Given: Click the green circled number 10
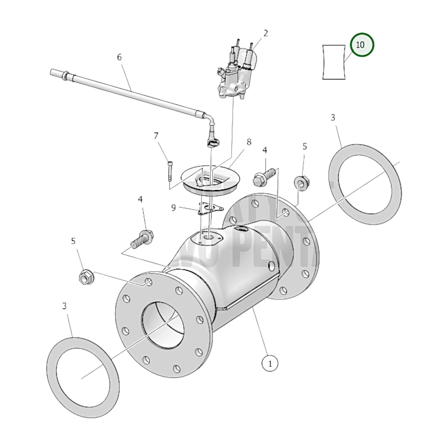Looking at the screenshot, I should [362, 45].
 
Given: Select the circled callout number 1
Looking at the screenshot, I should [270, 363].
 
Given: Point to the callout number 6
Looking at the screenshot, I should [119, 57].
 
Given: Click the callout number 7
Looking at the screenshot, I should [156, 136].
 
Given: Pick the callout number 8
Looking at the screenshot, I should [249, 142].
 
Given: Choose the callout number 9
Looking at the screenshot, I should [173, 207].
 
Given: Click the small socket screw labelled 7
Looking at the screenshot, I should [170, 171].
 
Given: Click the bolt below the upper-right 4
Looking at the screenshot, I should [264, 177].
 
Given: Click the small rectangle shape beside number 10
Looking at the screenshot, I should [334, 62].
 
